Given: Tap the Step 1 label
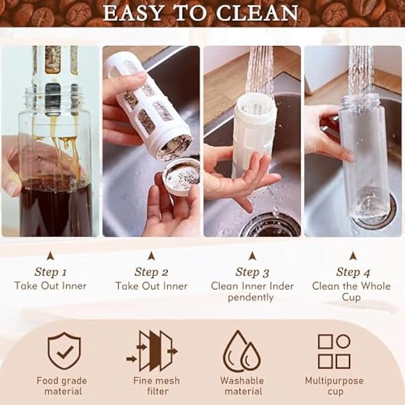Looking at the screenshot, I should pyautogui.click(x=51, y=272).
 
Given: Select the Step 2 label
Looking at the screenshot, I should pyautogui.click(x=151, y=272).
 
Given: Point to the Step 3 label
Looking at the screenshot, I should pyautogui.click(x=252, y=272).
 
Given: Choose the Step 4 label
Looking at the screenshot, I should pyautogui.click(x=353, y=272).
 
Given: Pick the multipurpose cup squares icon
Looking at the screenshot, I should pyautogui.click(x=334, y=351).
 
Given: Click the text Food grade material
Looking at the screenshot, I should pyautogui.click(x=62, y=386).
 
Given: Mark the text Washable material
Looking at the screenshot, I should pyautogui.click(x=241, y=386).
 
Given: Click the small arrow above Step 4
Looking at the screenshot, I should pyautogui.click(x=353, y=256).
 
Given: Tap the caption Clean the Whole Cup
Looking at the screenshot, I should pyautogui.click(x=351, y=291).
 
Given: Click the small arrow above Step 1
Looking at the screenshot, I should pyautogui.click(x=51, y=256).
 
